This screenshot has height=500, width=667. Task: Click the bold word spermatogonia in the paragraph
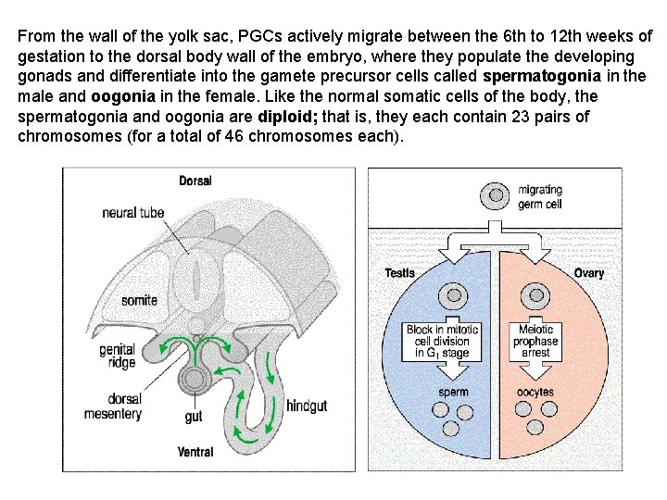coord(542,75)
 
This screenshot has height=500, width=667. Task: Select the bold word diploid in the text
coord(290,116)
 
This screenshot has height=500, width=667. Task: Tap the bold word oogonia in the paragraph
coord(126,95)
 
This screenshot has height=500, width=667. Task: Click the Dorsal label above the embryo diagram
coord(195,180)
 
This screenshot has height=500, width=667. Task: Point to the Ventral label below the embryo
coord(195,452)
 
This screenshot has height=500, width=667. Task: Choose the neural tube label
coord(133,212)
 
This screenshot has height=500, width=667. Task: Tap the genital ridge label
coord(119,356)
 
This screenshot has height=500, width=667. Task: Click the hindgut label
coord(307,406)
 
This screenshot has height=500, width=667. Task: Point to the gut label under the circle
coord(194,417)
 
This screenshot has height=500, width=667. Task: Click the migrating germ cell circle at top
coord(496,196)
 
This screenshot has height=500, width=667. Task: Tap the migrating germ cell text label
coord(540,197)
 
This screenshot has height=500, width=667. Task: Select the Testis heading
coord(401,272)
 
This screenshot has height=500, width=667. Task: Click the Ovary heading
coord(588,272)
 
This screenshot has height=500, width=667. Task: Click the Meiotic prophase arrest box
coord(535,341)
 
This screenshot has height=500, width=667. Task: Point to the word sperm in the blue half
coord(453,392)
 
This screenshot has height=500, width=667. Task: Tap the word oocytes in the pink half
coord(535,392)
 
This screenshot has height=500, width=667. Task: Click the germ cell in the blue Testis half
coord(454,296)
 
